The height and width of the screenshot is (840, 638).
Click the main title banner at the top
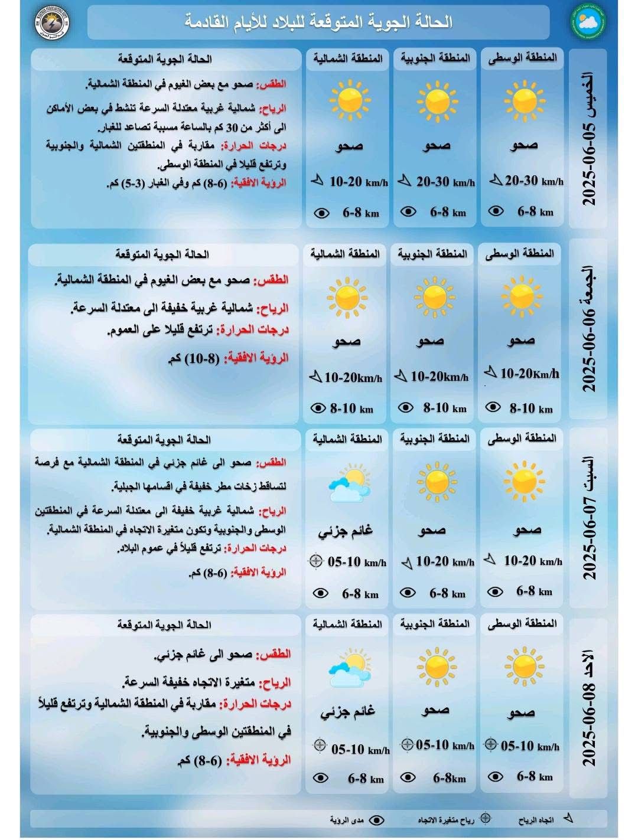pos(318,22)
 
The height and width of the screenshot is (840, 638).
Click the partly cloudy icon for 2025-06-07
pos(347,483)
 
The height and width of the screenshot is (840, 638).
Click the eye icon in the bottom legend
pos(377,820)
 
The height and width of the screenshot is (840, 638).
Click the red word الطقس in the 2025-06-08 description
pos(276,654)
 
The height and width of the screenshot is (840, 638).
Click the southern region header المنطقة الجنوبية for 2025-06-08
pos(435,623)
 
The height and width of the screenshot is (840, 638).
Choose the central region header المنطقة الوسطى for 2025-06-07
pos(522,438)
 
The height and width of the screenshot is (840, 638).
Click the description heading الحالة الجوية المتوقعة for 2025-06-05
pos(165,59)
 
